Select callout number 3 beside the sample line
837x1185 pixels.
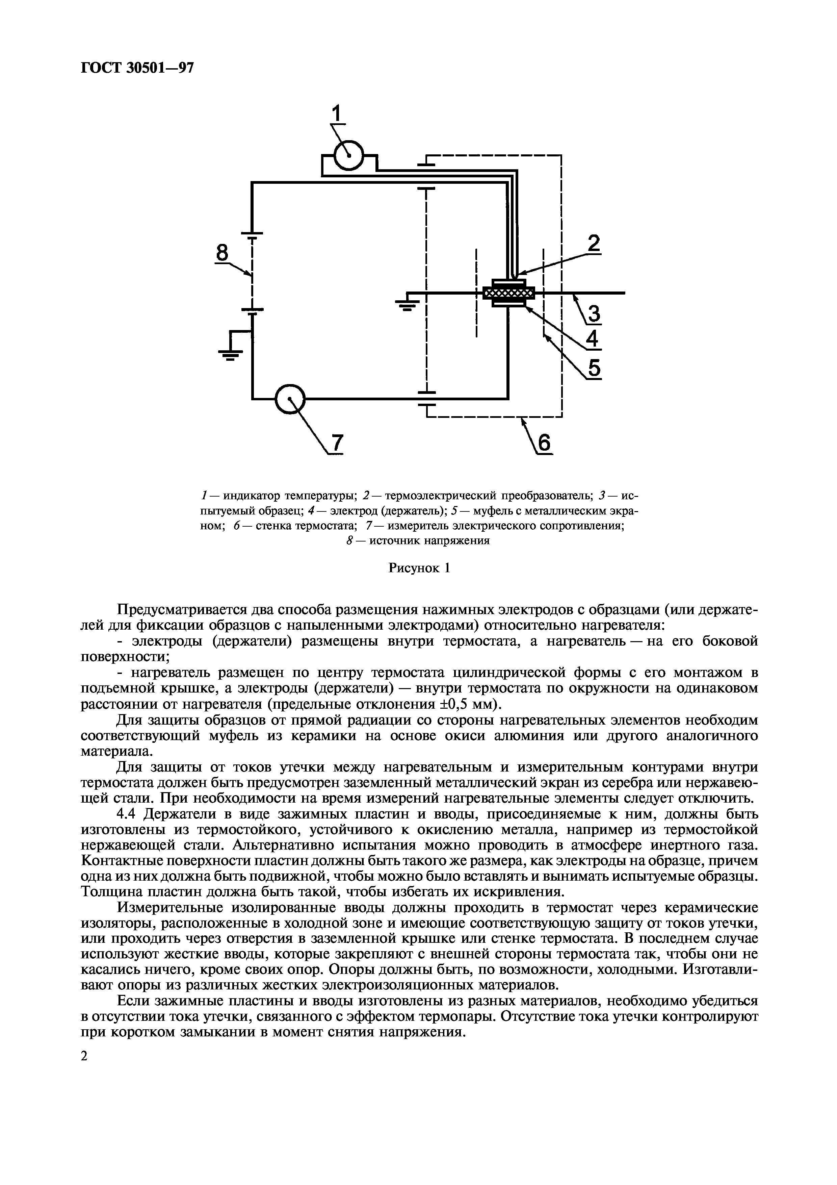[x=595, y=314]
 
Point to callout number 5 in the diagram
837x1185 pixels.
[x=595, y=369]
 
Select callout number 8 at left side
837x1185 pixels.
[x=222, y=253]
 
